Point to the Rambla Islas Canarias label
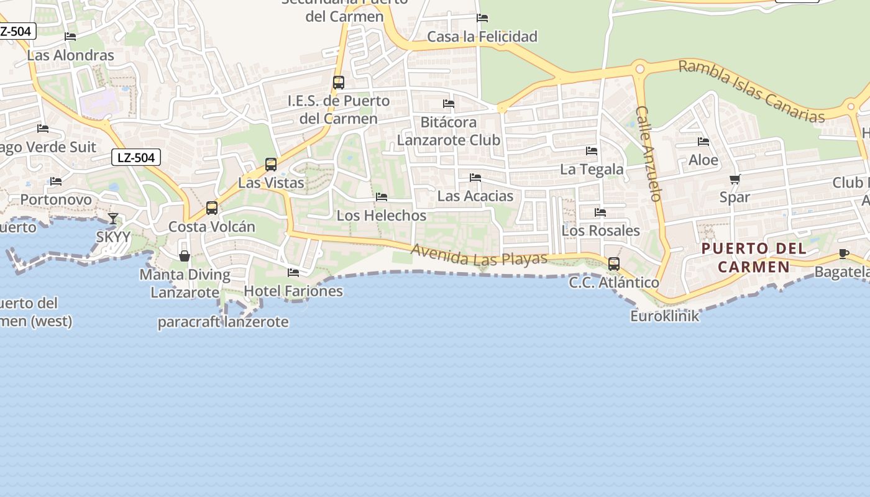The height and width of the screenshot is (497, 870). pyautogui.click(x=751, y=91)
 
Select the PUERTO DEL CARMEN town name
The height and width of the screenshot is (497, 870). pyautogui.click(x=754, y=258)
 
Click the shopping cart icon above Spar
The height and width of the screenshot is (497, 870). pyautogui.click(x=735, y=180)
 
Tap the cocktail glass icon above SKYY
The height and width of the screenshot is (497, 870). pyautogui.click(x=113, y=219)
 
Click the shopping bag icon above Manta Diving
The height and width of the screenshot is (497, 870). pyautogui.click(x=185, y=256)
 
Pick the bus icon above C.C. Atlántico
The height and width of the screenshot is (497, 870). pyautogui.click(x=614, y=264)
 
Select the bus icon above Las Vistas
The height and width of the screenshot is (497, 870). pyautogui.click(x=271, y=165)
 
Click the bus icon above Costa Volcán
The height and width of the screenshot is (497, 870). pyautogui.click(x=212, y=208)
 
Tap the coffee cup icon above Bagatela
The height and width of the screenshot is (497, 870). pyautogui.click(x=843, y=253)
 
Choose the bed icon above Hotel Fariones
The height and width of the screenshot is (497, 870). pyautogui.click(x=293, y=273)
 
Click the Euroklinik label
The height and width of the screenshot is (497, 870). pyautogui.click(x=664, y=316)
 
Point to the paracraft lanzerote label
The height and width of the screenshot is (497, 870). pyautogui.click(x=223, y=322)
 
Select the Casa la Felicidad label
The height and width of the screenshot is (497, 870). pyautogui.click(x=482, y=37)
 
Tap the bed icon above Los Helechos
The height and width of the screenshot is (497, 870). pyautogui.click(x=382, y=197)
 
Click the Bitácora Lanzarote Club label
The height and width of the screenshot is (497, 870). pyautogui.click(x=449, y=131)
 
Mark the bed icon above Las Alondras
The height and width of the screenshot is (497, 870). pyautogui.click(x=70, y=37)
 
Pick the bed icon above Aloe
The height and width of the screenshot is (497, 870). pyautogui.click(x=703, y=142)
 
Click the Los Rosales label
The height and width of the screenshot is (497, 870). pyautogui.click(x=600, y=230)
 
